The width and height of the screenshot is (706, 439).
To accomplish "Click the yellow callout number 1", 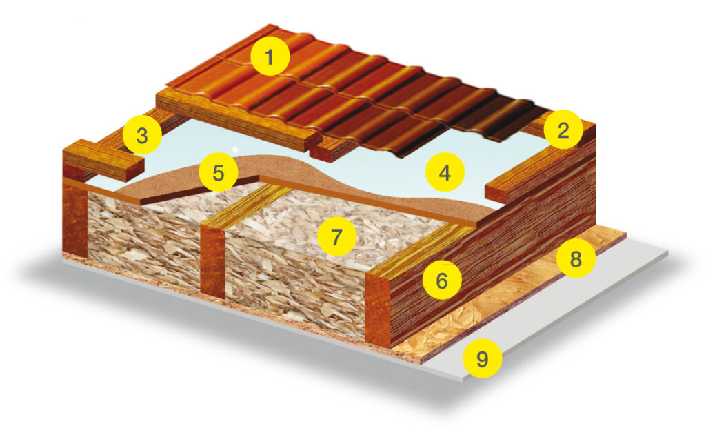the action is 270,57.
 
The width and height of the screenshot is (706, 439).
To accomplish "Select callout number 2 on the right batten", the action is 563,130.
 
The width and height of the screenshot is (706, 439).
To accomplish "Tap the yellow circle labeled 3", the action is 142,134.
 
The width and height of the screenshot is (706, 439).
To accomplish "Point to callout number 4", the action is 445,172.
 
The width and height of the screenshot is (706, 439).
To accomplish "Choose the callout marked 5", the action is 219,172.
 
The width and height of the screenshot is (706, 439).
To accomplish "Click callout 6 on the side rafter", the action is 442,280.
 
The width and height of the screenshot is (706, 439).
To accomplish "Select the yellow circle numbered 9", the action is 482,358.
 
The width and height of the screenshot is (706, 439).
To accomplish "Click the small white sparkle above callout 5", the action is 234,149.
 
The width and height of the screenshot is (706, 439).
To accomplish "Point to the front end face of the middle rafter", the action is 212,261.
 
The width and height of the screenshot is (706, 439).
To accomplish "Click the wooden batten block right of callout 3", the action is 103,160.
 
